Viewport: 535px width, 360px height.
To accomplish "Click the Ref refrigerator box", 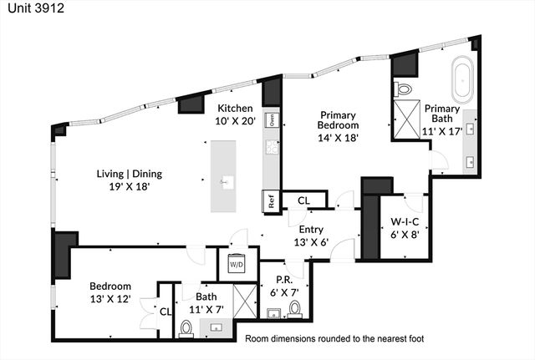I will pos(271,201).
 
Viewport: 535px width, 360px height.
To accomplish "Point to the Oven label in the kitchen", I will pos(272,120).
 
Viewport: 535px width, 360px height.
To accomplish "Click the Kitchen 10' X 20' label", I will pos(235,115).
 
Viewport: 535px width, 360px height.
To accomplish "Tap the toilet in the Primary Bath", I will pos(404,89).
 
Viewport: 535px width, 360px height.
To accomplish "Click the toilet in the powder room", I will pos(294,309).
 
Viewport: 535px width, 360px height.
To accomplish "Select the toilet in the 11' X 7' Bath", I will pos(186,328).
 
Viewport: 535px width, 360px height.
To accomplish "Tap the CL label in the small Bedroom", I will pos(165,312).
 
